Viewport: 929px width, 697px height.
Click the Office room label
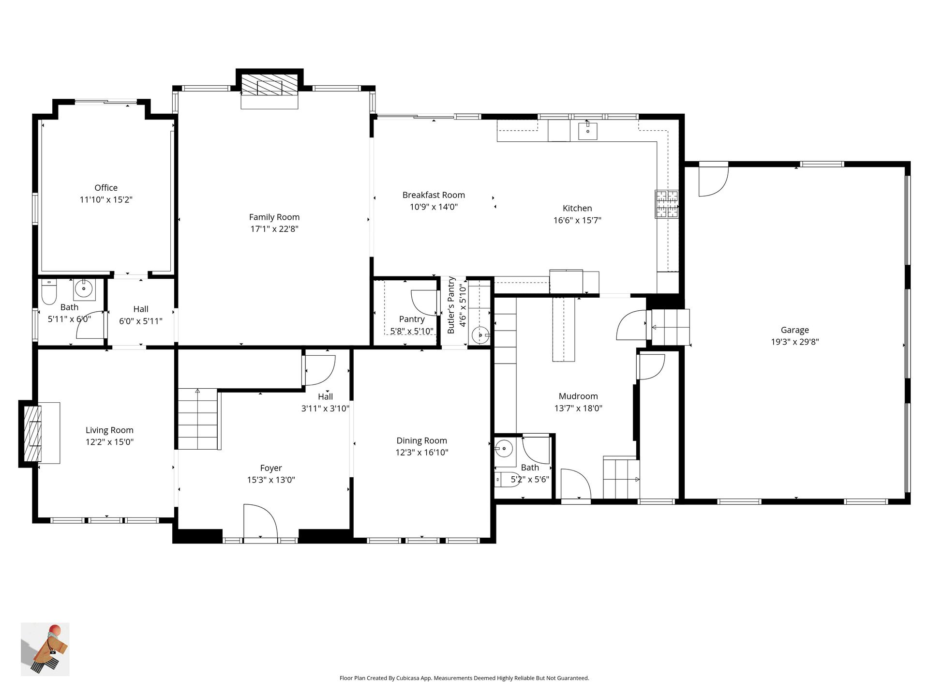coord(106,188)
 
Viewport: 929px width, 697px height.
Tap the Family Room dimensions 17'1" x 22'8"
coord(274,229)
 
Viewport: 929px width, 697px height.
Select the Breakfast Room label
coord(434,195)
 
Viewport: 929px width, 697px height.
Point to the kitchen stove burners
coord(667,203)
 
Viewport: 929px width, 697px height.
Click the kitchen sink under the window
coord(587,131)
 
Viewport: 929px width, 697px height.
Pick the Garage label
coord(794,330)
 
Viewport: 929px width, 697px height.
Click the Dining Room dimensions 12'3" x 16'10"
coord(422,453)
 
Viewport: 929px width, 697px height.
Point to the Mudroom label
coord(578,396)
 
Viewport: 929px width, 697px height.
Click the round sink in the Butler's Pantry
coord(480,334)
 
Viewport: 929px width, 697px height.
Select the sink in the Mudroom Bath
coord(504,449)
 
